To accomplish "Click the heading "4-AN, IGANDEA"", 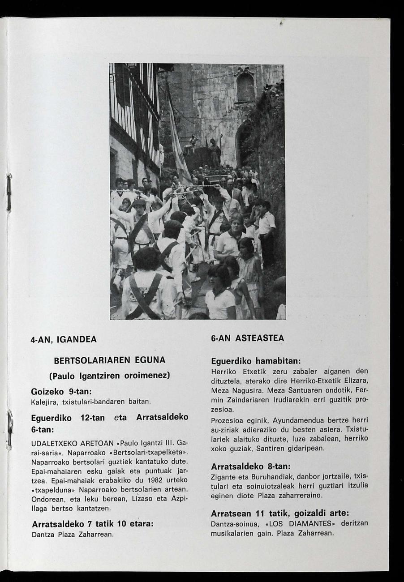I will coord(63,339).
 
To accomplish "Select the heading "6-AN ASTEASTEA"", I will coord(247,338).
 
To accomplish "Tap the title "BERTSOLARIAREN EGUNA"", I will coord(110,360).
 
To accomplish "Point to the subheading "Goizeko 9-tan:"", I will coord(61,391).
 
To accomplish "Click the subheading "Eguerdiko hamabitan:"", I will coord(255,361).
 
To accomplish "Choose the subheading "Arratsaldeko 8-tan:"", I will coord(250,466).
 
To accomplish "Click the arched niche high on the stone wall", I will coord(245,86).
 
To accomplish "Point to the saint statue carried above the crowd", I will coord(215,150).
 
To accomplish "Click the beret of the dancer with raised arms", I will coord(139,202).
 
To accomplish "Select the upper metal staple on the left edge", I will coord(8,193).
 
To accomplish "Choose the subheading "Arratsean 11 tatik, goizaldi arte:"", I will coord(279,513).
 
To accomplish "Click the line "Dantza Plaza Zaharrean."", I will coord(72,534).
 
